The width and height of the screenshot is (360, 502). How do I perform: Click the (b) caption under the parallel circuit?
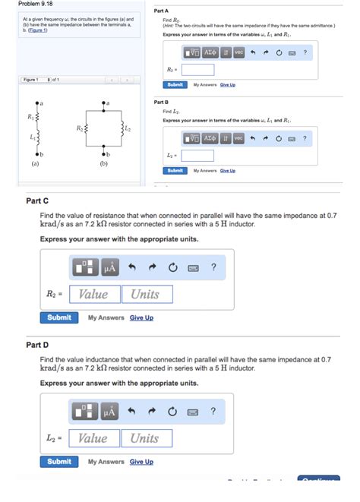click(x=103, y=163)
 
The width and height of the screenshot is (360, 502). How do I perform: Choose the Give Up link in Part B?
click(x=227, y=171)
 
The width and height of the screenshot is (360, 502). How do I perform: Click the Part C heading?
click(x=37, y=200)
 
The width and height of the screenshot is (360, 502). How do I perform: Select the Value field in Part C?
click(x=94, y=294)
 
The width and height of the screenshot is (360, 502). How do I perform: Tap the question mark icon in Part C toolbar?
click(x=213, y=267)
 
